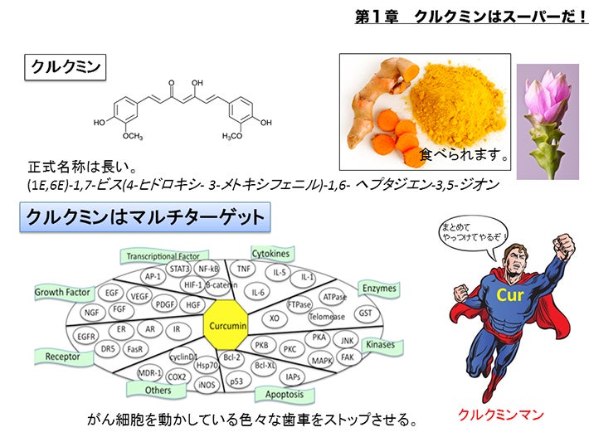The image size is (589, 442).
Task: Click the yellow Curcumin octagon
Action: pos(226,325)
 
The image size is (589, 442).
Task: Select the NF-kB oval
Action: pos(208,269)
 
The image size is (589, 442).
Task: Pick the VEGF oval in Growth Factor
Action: pos(139,296)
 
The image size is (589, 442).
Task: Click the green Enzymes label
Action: pos(378,289)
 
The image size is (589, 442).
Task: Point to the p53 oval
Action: pos(236,381)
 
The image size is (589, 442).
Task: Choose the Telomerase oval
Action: pos(326,317)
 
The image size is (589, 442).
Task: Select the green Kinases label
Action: pos(382,345)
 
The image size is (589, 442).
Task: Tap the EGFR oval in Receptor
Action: pos(86,337)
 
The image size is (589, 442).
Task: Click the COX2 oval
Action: pos(177,377)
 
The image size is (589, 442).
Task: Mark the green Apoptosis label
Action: pos(285,394)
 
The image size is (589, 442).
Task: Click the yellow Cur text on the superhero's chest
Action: pos(509,294)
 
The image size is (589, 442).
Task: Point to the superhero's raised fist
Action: pos(562,246)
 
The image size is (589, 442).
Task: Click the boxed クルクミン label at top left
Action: pos(66,67)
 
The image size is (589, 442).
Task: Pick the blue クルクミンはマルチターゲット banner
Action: pos(145,217)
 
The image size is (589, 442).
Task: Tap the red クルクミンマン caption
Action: pos(501,415)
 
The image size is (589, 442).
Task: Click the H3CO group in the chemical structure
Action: pos(232,135)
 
